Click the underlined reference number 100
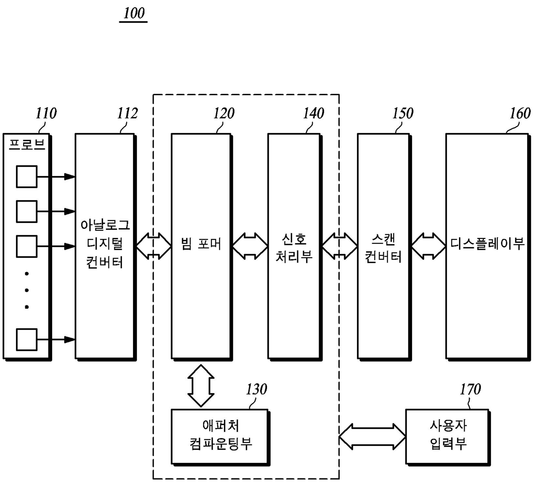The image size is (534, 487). (x=134, y=13)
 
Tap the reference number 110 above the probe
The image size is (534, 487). (x=46, y=113)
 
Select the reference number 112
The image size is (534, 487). (x=127, y=113)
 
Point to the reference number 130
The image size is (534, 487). (x=256, y=389)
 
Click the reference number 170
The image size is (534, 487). (x=470, y=389)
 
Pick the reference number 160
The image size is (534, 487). (x=520, y=113)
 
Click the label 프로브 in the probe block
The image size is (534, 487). (x=27, y=145)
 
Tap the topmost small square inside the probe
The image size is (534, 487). (x=27, y=177)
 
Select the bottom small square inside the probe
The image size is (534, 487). (x=27, y=340)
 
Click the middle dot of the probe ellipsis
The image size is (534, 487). (x=27, y=290)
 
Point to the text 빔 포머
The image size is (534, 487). (x=201, y=244)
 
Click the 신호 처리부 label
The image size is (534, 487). (x=294, y=248)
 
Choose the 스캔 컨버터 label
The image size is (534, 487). (x=383, y=248)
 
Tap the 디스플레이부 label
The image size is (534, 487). (x=487, y=244)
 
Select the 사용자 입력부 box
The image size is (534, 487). (x=448, y=437)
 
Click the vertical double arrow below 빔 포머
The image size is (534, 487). (x=201, y=386)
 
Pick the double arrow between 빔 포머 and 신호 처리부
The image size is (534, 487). (x=250, y=246)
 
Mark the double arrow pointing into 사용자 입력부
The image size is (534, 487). (x=372, y=437)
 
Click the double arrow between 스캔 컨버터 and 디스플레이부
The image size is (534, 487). (x=428, y=246)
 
